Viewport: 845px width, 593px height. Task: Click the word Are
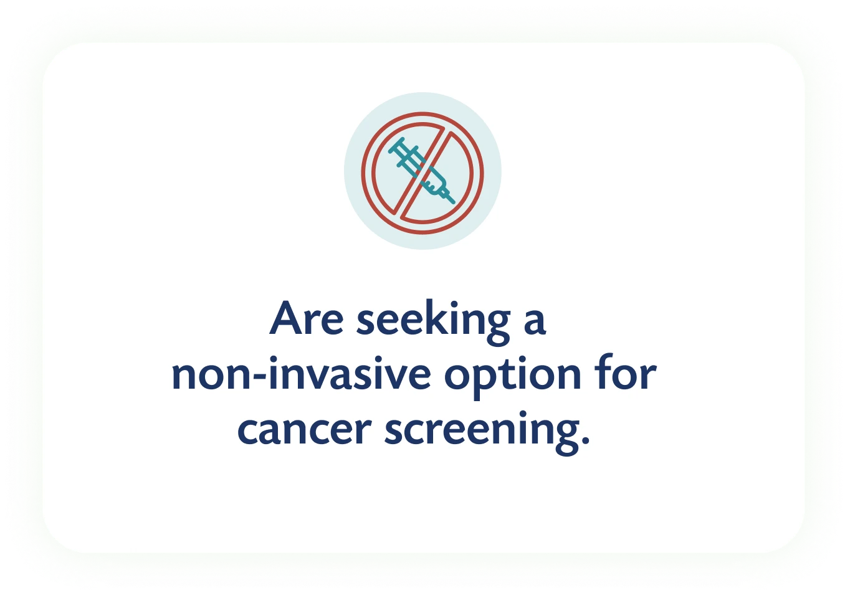(307, 318)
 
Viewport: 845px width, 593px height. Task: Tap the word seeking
(434, 322)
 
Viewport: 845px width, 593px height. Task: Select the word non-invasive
(301, 372)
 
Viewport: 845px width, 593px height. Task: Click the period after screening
(585, 440)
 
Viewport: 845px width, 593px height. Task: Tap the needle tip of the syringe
(454, 202)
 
